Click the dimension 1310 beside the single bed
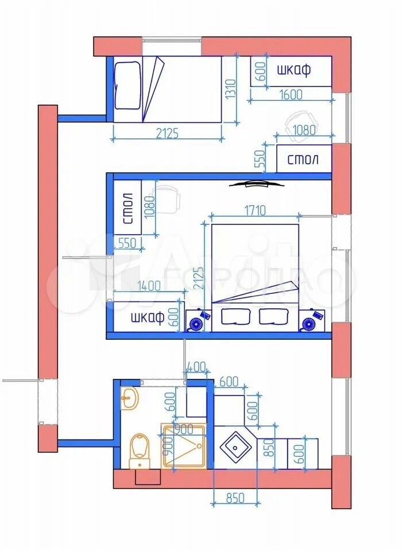point(230,90)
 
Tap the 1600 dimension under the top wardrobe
point(290,95)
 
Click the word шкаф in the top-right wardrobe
point(294,70)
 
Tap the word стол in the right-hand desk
point(303,160)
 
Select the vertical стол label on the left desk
point(128,208)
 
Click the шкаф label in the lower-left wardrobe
point(148,317)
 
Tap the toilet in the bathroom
point(140,451)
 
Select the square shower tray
point(184,447)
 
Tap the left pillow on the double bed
point(235,316)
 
